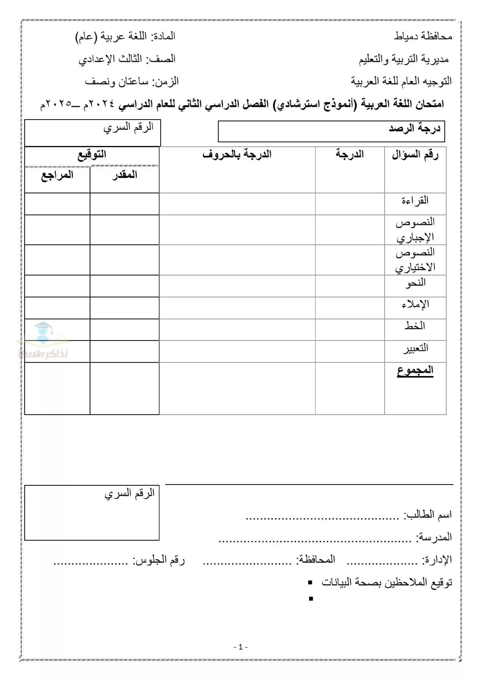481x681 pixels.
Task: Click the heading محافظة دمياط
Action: click(423, 36)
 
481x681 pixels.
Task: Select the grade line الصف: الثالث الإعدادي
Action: click(127, 59)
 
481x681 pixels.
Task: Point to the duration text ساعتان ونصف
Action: click(116, 82)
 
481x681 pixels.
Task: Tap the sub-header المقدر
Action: click(125, 175)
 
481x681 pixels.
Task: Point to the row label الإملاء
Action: click(415, 305)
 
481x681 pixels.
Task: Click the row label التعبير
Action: click(415, 348)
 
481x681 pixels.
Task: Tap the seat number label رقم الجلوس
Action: click(159, 560)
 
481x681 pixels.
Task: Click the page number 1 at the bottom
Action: click(240, 647)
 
